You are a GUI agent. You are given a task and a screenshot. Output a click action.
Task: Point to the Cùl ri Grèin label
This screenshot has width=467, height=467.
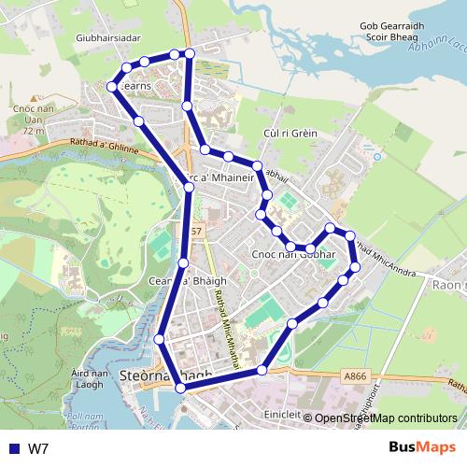click(290, 134)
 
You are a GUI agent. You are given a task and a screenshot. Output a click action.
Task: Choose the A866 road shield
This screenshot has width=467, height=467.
click(354, 375)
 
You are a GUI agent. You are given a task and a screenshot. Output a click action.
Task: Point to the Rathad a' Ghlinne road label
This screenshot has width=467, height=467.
click(103, 147)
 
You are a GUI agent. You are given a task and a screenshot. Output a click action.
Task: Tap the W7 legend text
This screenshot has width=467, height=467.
click(38, 448)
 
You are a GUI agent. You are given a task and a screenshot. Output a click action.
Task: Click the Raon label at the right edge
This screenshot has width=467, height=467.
click(449, 286)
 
